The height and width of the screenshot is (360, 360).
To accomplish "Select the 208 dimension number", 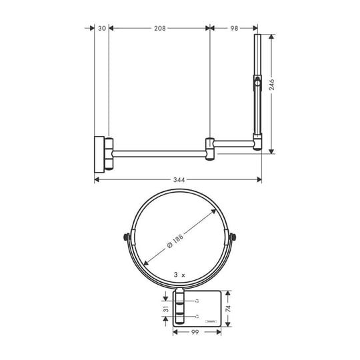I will pos(159,29).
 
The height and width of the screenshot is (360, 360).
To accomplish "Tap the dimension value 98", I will pos(234,29).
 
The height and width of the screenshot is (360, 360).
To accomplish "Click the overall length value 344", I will pos(178,179).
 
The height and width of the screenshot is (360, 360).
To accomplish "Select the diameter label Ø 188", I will pos(177,246).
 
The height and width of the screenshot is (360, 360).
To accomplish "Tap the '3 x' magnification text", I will pos(178,274).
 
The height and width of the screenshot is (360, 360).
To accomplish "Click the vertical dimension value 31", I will pos(166,311).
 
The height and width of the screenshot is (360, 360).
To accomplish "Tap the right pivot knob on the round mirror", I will pos(232,237).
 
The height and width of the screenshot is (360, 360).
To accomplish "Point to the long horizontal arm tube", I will pos(160,153).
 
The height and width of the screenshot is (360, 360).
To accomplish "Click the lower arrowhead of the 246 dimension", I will pos(272,150).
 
